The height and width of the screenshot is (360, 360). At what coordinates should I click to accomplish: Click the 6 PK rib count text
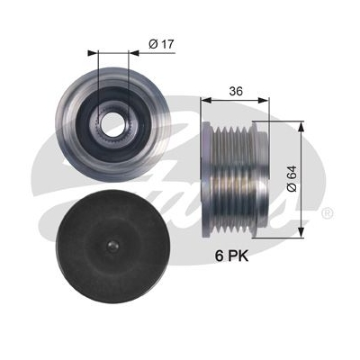point(230,257)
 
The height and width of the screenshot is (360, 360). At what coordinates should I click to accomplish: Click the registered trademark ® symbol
point(327,212)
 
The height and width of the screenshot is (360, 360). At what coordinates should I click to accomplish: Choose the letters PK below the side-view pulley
point(237,257)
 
